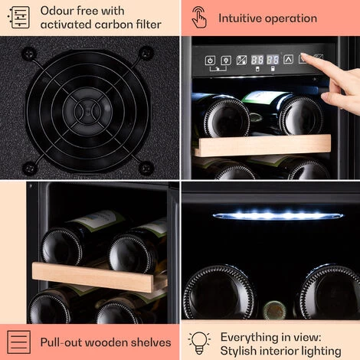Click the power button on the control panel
[210, 61]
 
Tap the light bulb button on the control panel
[226, 61]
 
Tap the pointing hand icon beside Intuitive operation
[199, 18]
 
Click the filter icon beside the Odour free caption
[19, 18]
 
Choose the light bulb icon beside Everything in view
[199, 343]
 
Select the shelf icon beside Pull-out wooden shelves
[18, 342]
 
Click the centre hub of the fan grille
[87, 111]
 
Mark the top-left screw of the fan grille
[28, 54]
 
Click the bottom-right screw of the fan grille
[146, 169]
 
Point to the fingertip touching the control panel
[305, 57]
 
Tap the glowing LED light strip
[277, 215]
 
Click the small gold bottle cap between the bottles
[274, 309]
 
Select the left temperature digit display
[257, 60]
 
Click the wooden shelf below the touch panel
[263, 145]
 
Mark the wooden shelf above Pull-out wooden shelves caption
[99, 277]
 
